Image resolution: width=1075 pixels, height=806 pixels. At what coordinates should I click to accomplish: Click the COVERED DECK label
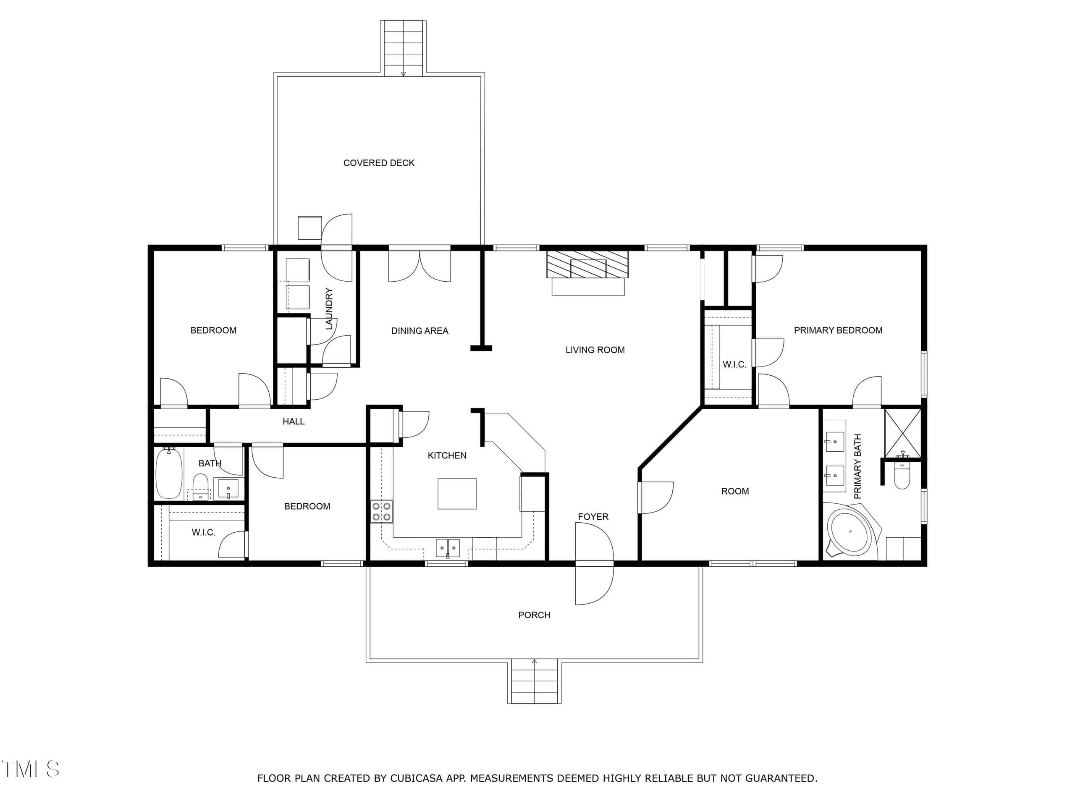tap(379, 163)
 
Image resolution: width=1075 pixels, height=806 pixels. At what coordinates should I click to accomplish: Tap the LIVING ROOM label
tap(595, 350)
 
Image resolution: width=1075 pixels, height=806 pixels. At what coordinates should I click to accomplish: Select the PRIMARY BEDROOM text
tap(838, 330)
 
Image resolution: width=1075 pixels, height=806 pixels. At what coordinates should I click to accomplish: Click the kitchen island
tap(457, 494)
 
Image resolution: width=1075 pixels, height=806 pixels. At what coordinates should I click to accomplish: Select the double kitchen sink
tap(448, 548)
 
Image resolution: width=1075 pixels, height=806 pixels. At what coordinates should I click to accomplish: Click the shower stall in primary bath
tap(902, 433)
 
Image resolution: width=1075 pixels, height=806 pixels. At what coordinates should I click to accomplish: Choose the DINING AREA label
tap(420, 331)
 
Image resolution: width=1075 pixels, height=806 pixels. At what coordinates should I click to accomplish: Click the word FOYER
tap(593, 516)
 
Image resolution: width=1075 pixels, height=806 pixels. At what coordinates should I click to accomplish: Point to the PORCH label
tap(534, 615)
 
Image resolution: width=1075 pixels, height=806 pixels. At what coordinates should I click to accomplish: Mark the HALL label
tap(294, 421)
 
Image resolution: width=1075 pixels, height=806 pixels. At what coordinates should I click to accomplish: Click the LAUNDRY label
tap(329, 309)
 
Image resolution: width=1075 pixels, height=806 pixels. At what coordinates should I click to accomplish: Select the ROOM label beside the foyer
tap(735, 491)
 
